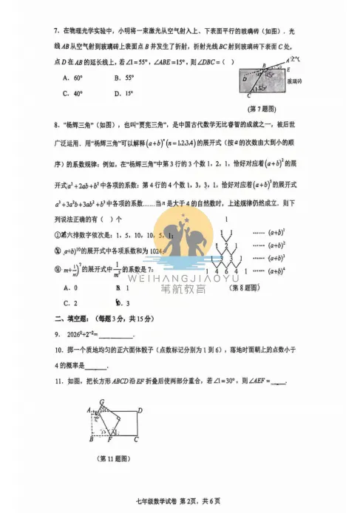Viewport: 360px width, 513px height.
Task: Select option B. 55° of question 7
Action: click(x=124, y=77)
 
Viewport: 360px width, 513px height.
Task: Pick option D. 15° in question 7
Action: click(x=124, y=93)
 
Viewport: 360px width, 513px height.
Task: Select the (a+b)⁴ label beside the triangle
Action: click(x=276, y=271)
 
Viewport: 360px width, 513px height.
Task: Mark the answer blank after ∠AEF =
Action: click(x=279, y=382)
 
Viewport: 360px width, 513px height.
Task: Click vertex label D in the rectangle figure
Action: click(x=140, y=411)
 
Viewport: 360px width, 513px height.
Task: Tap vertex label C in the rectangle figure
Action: click(x=136, y=439)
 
